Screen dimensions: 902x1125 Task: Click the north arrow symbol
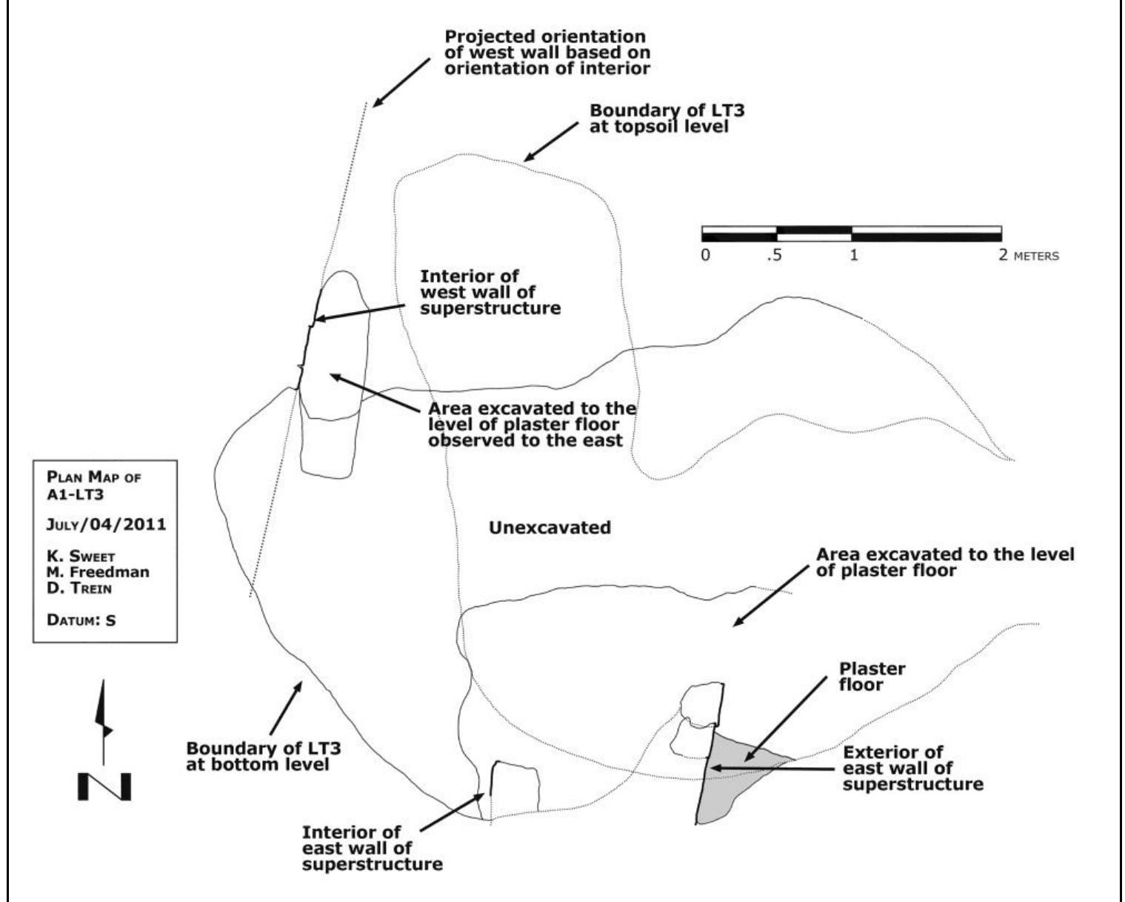coord(104,741)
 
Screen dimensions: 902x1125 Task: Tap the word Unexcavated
coord(550,528)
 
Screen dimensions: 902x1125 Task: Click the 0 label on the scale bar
coord(705,255)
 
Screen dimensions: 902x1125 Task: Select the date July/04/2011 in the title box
coord(106,525)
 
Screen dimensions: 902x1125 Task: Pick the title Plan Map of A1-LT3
coord(93,486)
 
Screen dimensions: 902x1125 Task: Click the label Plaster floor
coord(872,676)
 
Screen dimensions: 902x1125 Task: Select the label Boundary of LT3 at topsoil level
coord(667,119)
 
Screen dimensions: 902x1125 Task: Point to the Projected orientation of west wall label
coord(544,52)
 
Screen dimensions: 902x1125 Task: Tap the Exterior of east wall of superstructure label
coord(912,768)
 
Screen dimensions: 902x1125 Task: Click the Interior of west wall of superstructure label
coord(490,292)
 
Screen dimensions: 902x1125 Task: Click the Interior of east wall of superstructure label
coord(372,848)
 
